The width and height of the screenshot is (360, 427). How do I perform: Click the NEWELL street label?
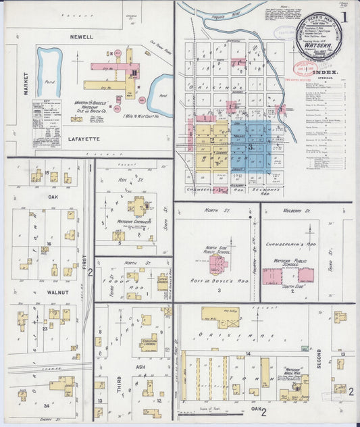(x=80, y=36)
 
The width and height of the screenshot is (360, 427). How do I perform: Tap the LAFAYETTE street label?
(x=84, y=139)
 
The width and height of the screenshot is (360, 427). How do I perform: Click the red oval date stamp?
(x=305, y=67)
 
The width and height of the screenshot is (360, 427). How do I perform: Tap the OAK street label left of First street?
(x=53, y=197)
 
